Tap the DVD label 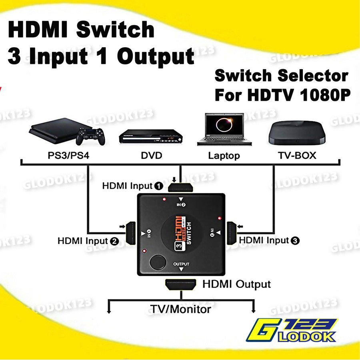(x=152, y=155)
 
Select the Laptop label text (x=224, y=155)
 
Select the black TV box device (x=296, y=133)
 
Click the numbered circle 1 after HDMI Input (x=158, y=186)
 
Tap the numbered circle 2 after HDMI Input (x=114, y=241)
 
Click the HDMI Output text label (x=236, y=284)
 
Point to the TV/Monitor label (x=180, y=309)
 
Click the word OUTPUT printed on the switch (x=181, y=264)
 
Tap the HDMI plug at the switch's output (x=181, y=284)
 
